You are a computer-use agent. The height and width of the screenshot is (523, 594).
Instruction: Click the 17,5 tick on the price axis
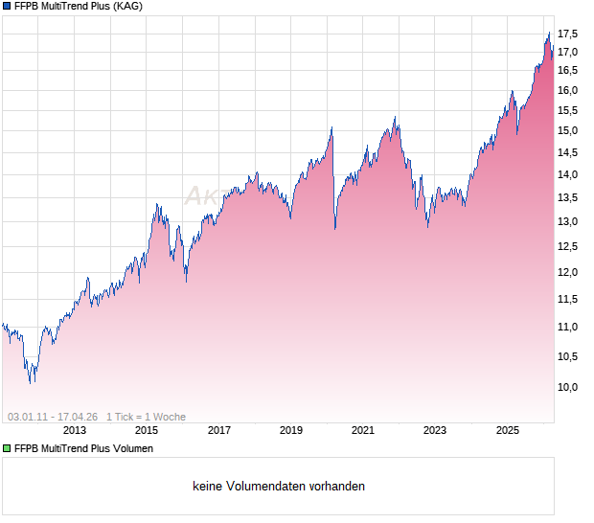568,34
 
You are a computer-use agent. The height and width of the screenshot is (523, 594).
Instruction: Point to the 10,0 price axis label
568,388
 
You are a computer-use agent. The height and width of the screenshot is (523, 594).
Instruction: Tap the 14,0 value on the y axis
568,174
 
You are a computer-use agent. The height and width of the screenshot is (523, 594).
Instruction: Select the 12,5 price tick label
568,247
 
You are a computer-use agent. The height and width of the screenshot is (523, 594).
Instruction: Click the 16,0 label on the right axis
568,91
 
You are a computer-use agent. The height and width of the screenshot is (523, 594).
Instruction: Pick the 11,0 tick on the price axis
568,327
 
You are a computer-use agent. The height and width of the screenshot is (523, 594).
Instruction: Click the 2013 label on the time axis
75,431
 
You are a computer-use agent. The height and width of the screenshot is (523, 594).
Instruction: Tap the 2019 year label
291,431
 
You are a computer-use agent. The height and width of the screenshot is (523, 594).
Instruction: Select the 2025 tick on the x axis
507,431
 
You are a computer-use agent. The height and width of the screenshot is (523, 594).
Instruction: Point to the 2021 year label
363,431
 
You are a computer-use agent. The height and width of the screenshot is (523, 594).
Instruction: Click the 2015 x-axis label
147,431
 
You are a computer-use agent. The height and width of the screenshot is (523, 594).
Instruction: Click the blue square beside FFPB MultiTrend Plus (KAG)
7,6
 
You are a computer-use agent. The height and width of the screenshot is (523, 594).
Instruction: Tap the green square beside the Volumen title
7,448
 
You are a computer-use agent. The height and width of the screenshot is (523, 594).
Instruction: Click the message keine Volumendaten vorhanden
278,487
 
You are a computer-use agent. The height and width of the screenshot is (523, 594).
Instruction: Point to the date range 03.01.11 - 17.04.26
53,417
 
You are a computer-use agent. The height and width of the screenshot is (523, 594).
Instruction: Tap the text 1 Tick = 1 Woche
146,417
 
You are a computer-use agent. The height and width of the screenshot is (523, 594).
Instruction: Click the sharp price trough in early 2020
334,229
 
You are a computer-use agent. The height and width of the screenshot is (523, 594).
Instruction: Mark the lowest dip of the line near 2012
31,382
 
